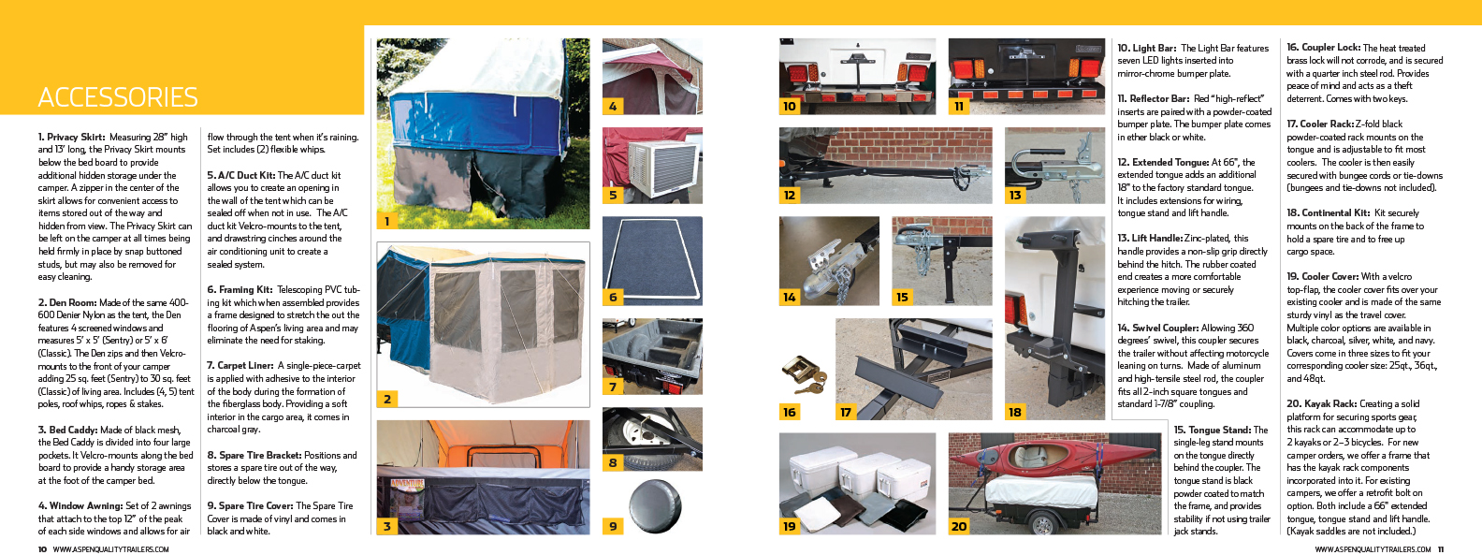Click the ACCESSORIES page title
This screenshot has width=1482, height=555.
coord(118,97)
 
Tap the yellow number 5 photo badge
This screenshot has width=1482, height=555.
coord(613,196)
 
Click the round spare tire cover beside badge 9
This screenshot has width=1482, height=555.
coord(655,507)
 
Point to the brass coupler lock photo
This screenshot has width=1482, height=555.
coord(804,374)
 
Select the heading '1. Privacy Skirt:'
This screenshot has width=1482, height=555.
coord(71,137)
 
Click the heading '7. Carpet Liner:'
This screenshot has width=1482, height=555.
coord(240,365)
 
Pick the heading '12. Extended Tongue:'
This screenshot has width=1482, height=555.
coord(1163,162)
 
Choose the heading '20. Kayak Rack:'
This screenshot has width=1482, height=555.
coord(1320,403)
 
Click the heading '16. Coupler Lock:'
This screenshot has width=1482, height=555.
coord(1323,48)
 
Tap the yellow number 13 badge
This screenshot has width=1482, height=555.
coord(1015,196)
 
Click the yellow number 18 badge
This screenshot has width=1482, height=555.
coord(1015,412)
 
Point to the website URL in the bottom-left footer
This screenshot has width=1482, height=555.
coord(110,549)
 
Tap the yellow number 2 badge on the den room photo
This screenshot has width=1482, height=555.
coord(387,399)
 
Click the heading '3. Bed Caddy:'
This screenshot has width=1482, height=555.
coord(67,430)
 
